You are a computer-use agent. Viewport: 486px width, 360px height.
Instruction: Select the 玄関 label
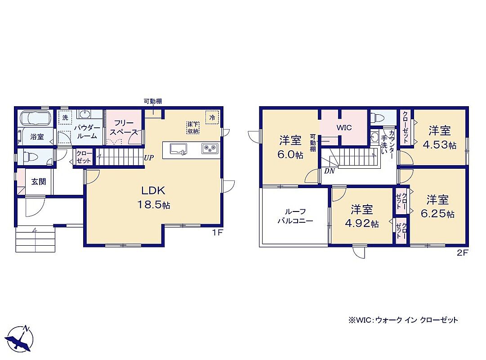[x=38, y=181]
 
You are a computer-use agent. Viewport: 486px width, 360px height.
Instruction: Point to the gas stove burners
[x=210, y=148]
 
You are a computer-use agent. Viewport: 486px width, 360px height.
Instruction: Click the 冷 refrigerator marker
[x=212, y=117]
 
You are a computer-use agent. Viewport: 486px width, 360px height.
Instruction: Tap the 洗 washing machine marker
[x=65, y=117]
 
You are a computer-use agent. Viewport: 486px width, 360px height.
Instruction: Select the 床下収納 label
[x=193, y=127]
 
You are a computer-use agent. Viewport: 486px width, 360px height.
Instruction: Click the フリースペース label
[x=124, y=127]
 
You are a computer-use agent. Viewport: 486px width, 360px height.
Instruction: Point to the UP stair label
[x=149, y=157]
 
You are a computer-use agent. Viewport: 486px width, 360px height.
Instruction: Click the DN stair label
[x=330, y=171]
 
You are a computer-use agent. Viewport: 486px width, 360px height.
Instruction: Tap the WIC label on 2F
[x=344, y=127]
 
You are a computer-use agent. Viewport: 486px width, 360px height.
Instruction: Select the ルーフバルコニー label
[x=295, y=216]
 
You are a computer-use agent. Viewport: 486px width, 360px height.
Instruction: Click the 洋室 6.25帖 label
[x=437, y=207]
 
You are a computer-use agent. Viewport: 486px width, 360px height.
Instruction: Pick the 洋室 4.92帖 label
[x=362, y=216]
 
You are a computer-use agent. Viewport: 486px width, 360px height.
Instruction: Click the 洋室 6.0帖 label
[x=290, y=147]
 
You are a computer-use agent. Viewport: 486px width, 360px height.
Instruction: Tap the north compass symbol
[x=21, y=338]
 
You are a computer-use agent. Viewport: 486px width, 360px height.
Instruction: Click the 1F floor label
[x=218, y=232]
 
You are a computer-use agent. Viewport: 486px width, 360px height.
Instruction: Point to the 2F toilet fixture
[x=378, y=117]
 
